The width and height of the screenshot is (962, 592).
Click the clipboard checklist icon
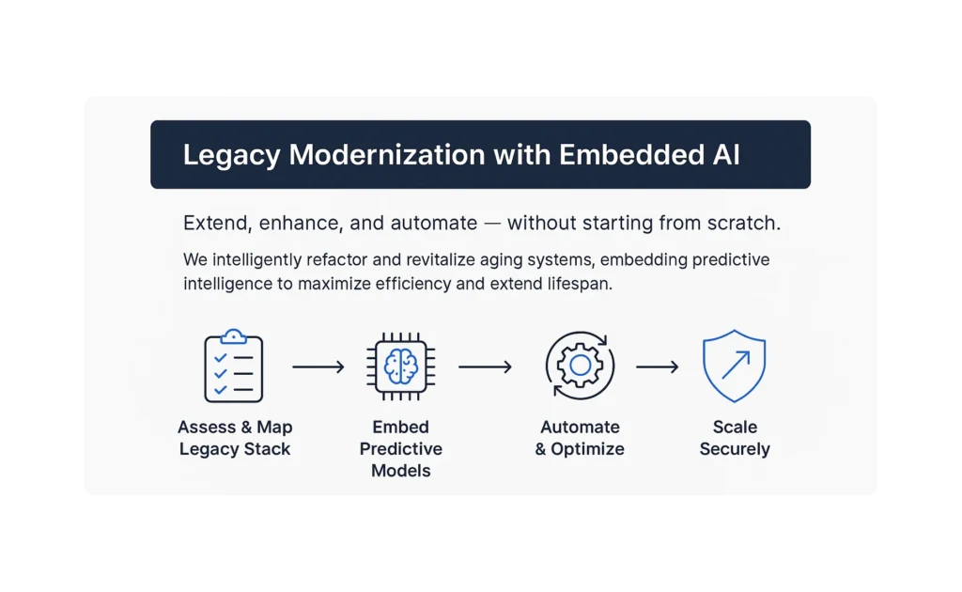click(x=233, y=366)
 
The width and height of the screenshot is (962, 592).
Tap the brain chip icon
click(x=400, y=366)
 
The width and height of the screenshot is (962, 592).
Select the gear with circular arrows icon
click(x=580, y=366)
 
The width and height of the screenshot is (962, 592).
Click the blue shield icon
click(x=735, y=366)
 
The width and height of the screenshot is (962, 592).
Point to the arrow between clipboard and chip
click(x=318, y=366)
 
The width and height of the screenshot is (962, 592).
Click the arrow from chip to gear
click(x=486, y=366)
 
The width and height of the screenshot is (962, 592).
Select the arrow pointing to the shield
click(x=658, y=366)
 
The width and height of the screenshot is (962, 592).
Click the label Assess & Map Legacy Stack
click(x=235, y=438)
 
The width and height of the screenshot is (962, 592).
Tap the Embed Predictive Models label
click(x=400, y=448)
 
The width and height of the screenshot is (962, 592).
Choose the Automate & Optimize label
click(x=580, y=438)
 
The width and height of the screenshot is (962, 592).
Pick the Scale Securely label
click(x=735, y=438)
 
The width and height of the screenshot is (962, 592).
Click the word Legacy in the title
click(x=231, y=155)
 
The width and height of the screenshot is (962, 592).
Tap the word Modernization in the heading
click(x=387, y=154)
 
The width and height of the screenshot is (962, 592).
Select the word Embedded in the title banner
click(x=631, y=154)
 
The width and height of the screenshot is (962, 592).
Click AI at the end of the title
click(x=726, y=154)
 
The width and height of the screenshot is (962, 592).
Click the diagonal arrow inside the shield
click(x=736, y=365)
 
